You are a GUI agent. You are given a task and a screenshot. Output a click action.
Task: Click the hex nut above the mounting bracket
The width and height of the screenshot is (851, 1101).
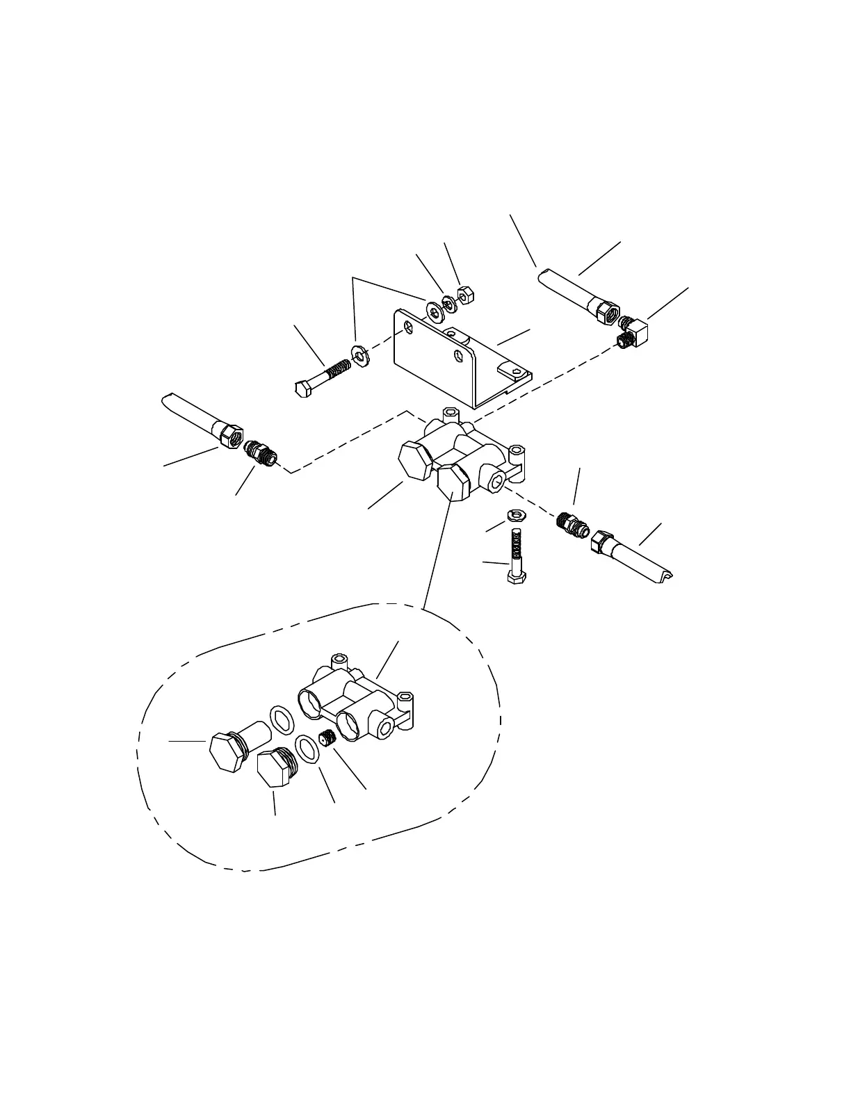[x=465, y=295]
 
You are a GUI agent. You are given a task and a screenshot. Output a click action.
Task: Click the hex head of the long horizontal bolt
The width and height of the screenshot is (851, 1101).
[x=302, y=388]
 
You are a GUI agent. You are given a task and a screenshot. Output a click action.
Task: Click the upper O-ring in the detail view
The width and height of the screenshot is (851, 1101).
[x=281, y=718]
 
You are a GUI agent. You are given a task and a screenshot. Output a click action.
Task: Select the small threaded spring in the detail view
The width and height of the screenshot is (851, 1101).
[x=327, y=739]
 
